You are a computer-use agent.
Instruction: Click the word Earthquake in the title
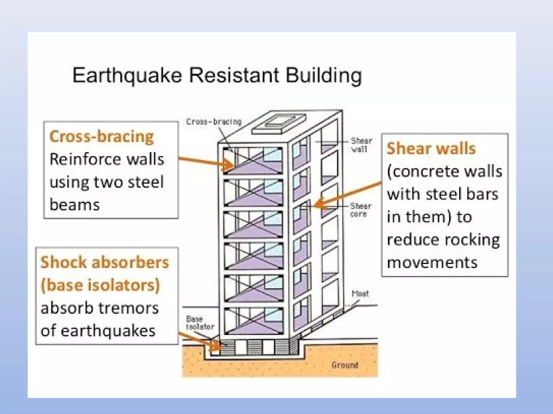tap(127, 75)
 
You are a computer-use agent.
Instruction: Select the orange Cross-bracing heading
tap(102, 136)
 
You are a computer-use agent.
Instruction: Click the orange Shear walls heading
tap(431, 149)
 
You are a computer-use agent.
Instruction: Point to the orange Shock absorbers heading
tap(105, 262)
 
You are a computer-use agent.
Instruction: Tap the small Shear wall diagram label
tap(361, 145)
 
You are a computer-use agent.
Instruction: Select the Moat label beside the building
tap(360, 294)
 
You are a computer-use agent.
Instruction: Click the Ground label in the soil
tap(345, 365)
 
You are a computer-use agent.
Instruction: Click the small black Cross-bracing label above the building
tap(214, 122)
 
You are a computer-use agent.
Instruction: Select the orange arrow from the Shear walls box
tap(348, 193)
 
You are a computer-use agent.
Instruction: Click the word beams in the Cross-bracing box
tap(75, 205)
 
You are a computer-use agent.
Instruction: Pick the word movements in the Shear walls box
tap(432, 262)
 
